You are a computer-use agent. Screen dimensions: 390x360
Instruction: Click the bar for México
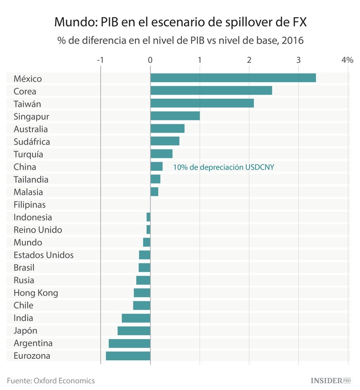click(233, 78)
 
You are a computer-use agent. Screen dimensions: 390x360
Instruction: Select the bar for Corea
click(211, 91)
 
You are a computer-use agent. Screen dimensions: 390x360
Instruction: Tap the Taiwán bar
click(202, 104)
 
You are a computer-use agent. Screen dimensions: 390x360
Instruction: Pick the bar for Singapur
click(175, 116)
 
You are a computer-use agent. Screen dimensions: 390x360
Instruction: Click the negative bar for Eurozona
click(128, 356)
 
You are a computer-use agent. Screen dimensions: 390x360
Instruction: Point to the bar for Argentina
click(130, 343)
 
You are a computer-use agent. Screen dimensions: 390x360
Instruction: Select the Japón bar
click(134, 331)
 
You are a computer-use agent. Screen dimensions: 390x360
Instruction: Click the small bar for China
click(156, 166)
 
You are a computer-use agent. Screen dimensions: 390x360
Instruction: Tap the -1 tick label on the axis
click(100, 60)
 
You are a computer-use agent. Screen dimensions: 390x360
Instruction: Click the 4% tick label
click(347, 60)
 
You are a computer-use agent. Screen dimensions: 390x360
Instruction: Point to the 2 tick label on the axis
click(249, 60)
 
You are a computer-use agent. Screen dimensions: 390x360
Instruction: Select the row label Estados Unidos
click(44, 255)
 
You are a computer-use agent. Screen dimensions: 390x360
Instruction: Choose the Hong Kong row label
click(36, 293)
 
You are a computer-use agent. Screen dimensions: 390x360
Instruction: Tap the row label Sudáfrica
click(32, 142)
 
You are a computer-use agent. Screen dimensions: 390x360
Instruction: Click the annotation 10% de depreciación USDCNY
click(227, 167)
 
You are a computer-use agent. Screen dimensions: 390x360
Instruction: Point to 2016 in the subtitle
click(293, 41)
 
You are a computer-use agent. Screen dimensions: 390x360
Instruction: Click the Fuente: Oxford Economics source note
click(51, 380)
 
